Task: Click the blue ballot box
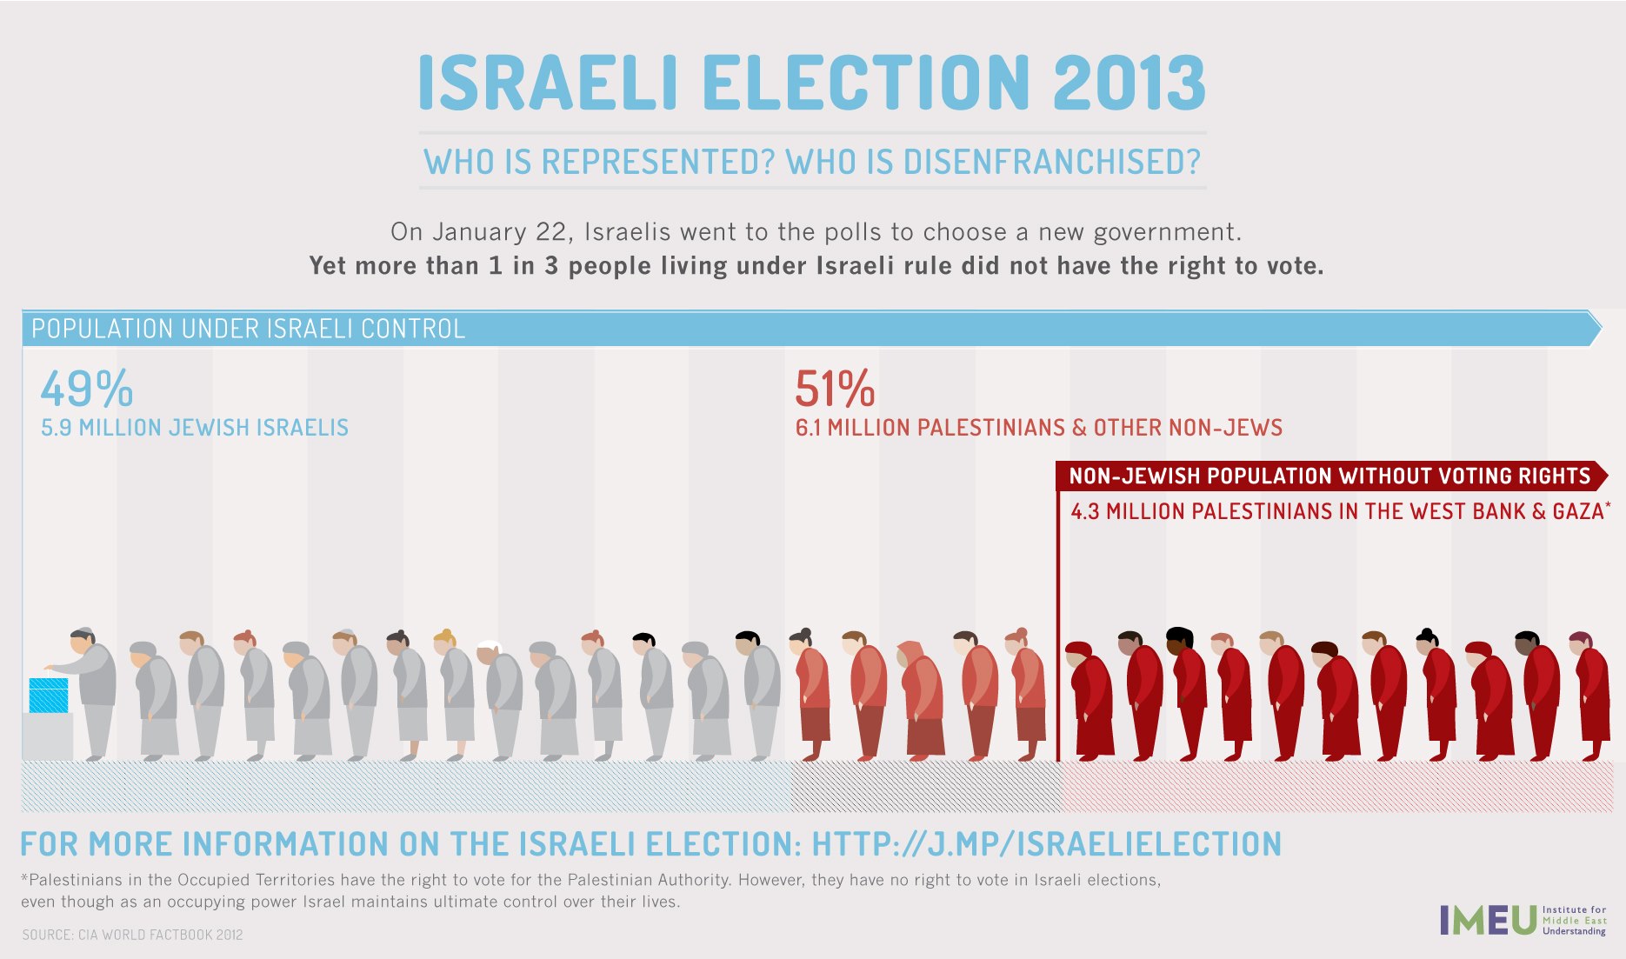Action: point(49,696)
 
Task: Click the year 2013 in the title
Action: point(1129,83)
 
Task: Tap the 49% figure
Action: point(86,389)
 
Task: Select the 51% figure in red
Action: point(834,389)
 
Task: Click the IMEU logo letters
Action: point(1488,920)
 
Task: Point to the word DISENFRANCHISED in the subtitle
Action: point(1051,163)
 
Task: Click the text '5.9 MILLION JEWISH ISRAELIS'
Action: point(195,428)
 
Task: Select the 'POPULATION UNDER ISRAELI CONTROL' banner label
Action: point(249,329)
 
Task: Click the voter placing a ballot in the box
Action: point(91,687)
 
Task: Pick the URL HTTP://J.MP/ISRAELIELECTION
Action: point(1046,844)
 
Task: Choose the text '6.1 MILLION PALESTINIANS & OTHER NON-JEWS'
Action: point(1039,428)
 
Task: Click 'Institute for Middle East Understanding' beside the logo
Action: point(1574,920)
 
